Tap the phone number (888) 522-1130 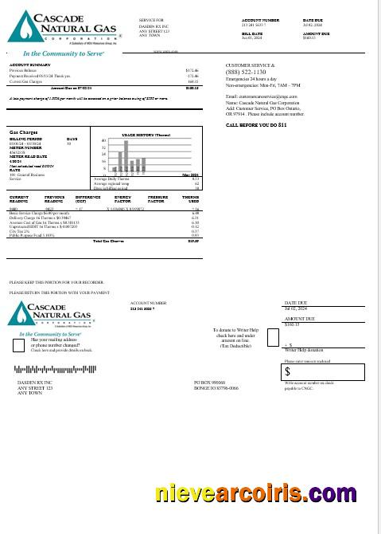tap(248, 72)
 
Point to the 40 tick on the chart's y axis tap(104, 141)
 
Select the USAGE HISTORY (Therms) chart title tap(146, 135)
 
